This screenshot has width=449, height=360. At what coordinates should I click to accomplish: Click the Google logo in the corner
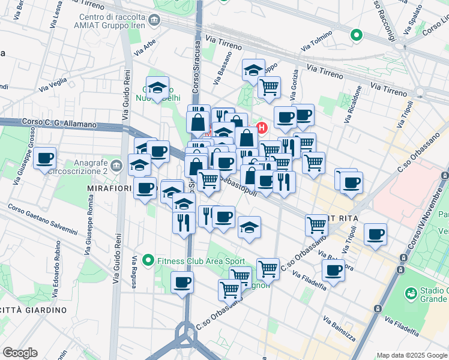[x=20, y=353]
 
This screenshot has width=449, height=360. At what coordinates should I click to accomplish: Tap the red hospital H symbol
[x=262, y=127]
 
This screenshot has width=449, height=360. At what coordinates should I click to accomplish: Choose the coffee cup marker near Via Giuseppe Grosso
[x=45, y=159]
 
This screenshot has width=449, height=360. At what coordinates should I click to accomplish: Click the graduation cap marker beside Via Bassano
[x=253, y=70]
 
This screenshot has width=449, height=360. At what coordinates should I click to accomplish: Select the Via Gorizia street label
[x=294, y=90]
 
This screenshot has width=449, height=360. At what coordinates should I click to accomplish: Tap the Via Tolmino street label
[x=316, y=41]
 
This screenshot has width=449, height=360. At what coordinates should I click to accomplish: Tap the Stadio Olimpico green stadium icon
[x=412, y=293]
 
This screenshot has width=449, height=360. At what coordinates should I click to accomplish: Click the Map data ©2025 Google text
[x=411, y=355]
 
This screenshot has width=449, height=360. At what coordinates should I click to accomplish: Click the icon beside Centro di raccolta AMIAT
[x=155, y=22]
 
